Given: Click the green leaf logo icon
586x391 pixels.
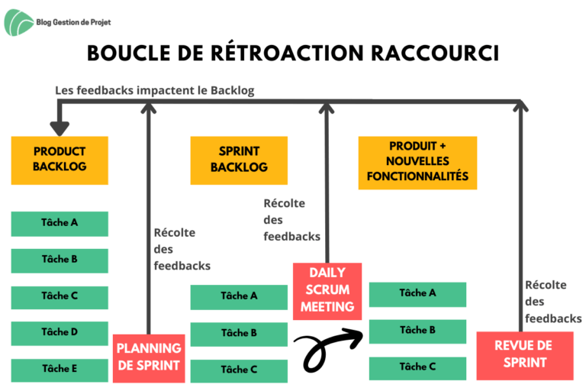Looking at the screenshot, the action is point(18,22).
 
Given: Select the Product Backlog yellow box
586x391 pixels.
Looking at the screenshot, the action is point(60,160).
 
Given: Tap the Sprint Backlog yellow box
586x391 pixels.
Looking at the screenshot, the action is point(239,160).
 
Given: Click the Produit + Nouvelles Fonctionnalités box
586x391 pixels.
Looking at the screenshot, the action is point(417,163).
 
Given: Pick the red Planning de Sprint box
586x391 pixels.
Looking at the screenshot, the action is point(149,358).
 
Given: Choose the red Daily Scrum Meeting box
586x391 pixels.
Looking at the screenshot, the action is point(327,292).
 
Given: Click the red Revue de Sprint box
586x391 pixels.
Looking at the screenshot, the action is point(525,355).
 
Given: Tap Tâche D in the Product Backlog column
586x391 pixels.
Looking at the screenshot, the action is point(60,333).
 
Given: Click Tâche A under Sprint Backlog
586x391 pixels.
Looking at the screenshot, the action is point(239,297).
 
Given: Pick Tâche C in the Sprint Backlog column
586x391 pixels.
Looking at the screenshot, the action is point(239,371).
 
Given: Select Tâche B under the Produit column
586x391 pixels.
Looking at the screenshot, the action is point(417,331).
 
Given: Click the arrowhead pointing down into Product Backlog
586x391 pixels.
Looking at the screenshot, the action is point(60,129).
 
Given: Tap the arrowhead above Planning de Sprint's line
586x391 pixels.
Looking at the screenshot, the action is point(148,107).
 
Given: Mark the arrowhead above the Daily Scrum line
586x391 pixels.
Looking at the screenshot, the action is point(327,107).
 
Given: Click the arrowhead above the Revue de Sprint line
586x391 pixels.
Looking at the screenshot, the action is point(520,105).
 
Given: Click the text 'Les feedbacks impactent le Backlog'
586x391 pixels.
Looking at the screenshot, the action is point(155,91).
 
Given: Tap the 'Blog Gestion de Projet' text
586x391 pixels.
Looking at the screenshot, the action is point(73,22).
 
